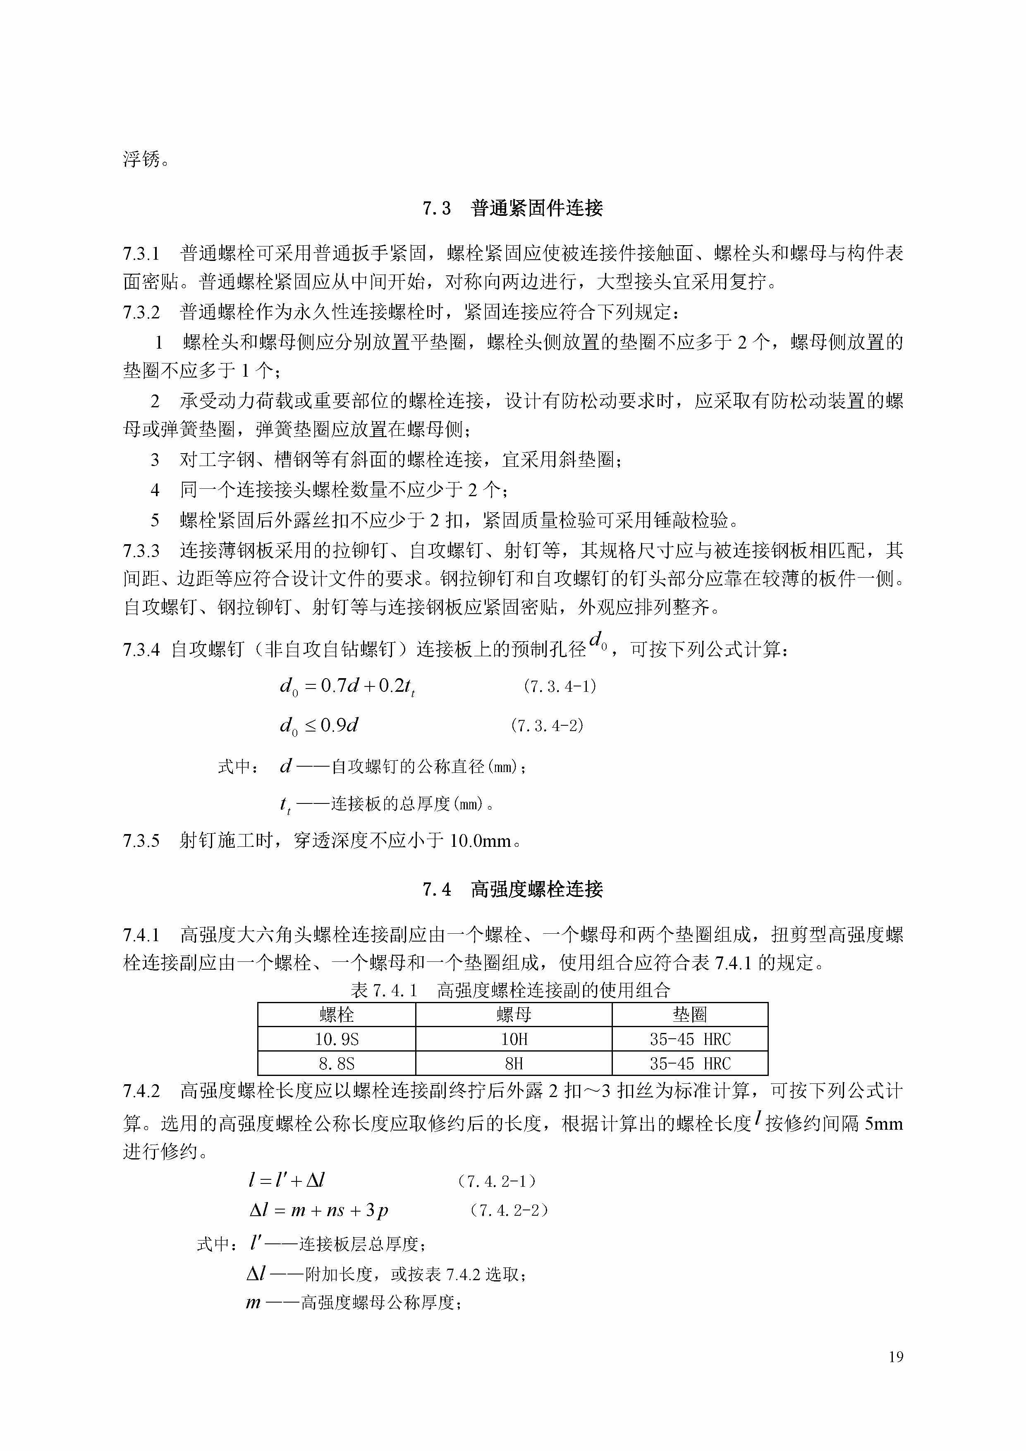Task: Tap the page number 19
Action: click(896, 1357)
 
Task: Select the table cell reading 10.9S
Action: click(337, 1039)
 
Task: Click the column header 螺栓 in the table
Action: click(337, 1015)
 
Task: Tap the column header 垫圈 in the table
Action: click(690, 1015)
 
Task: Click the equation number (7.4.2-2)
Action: click(509, 1210)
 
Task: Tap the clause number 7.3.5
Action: click(141, 841)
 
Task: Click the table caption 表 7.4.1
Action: click(384, 990)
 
